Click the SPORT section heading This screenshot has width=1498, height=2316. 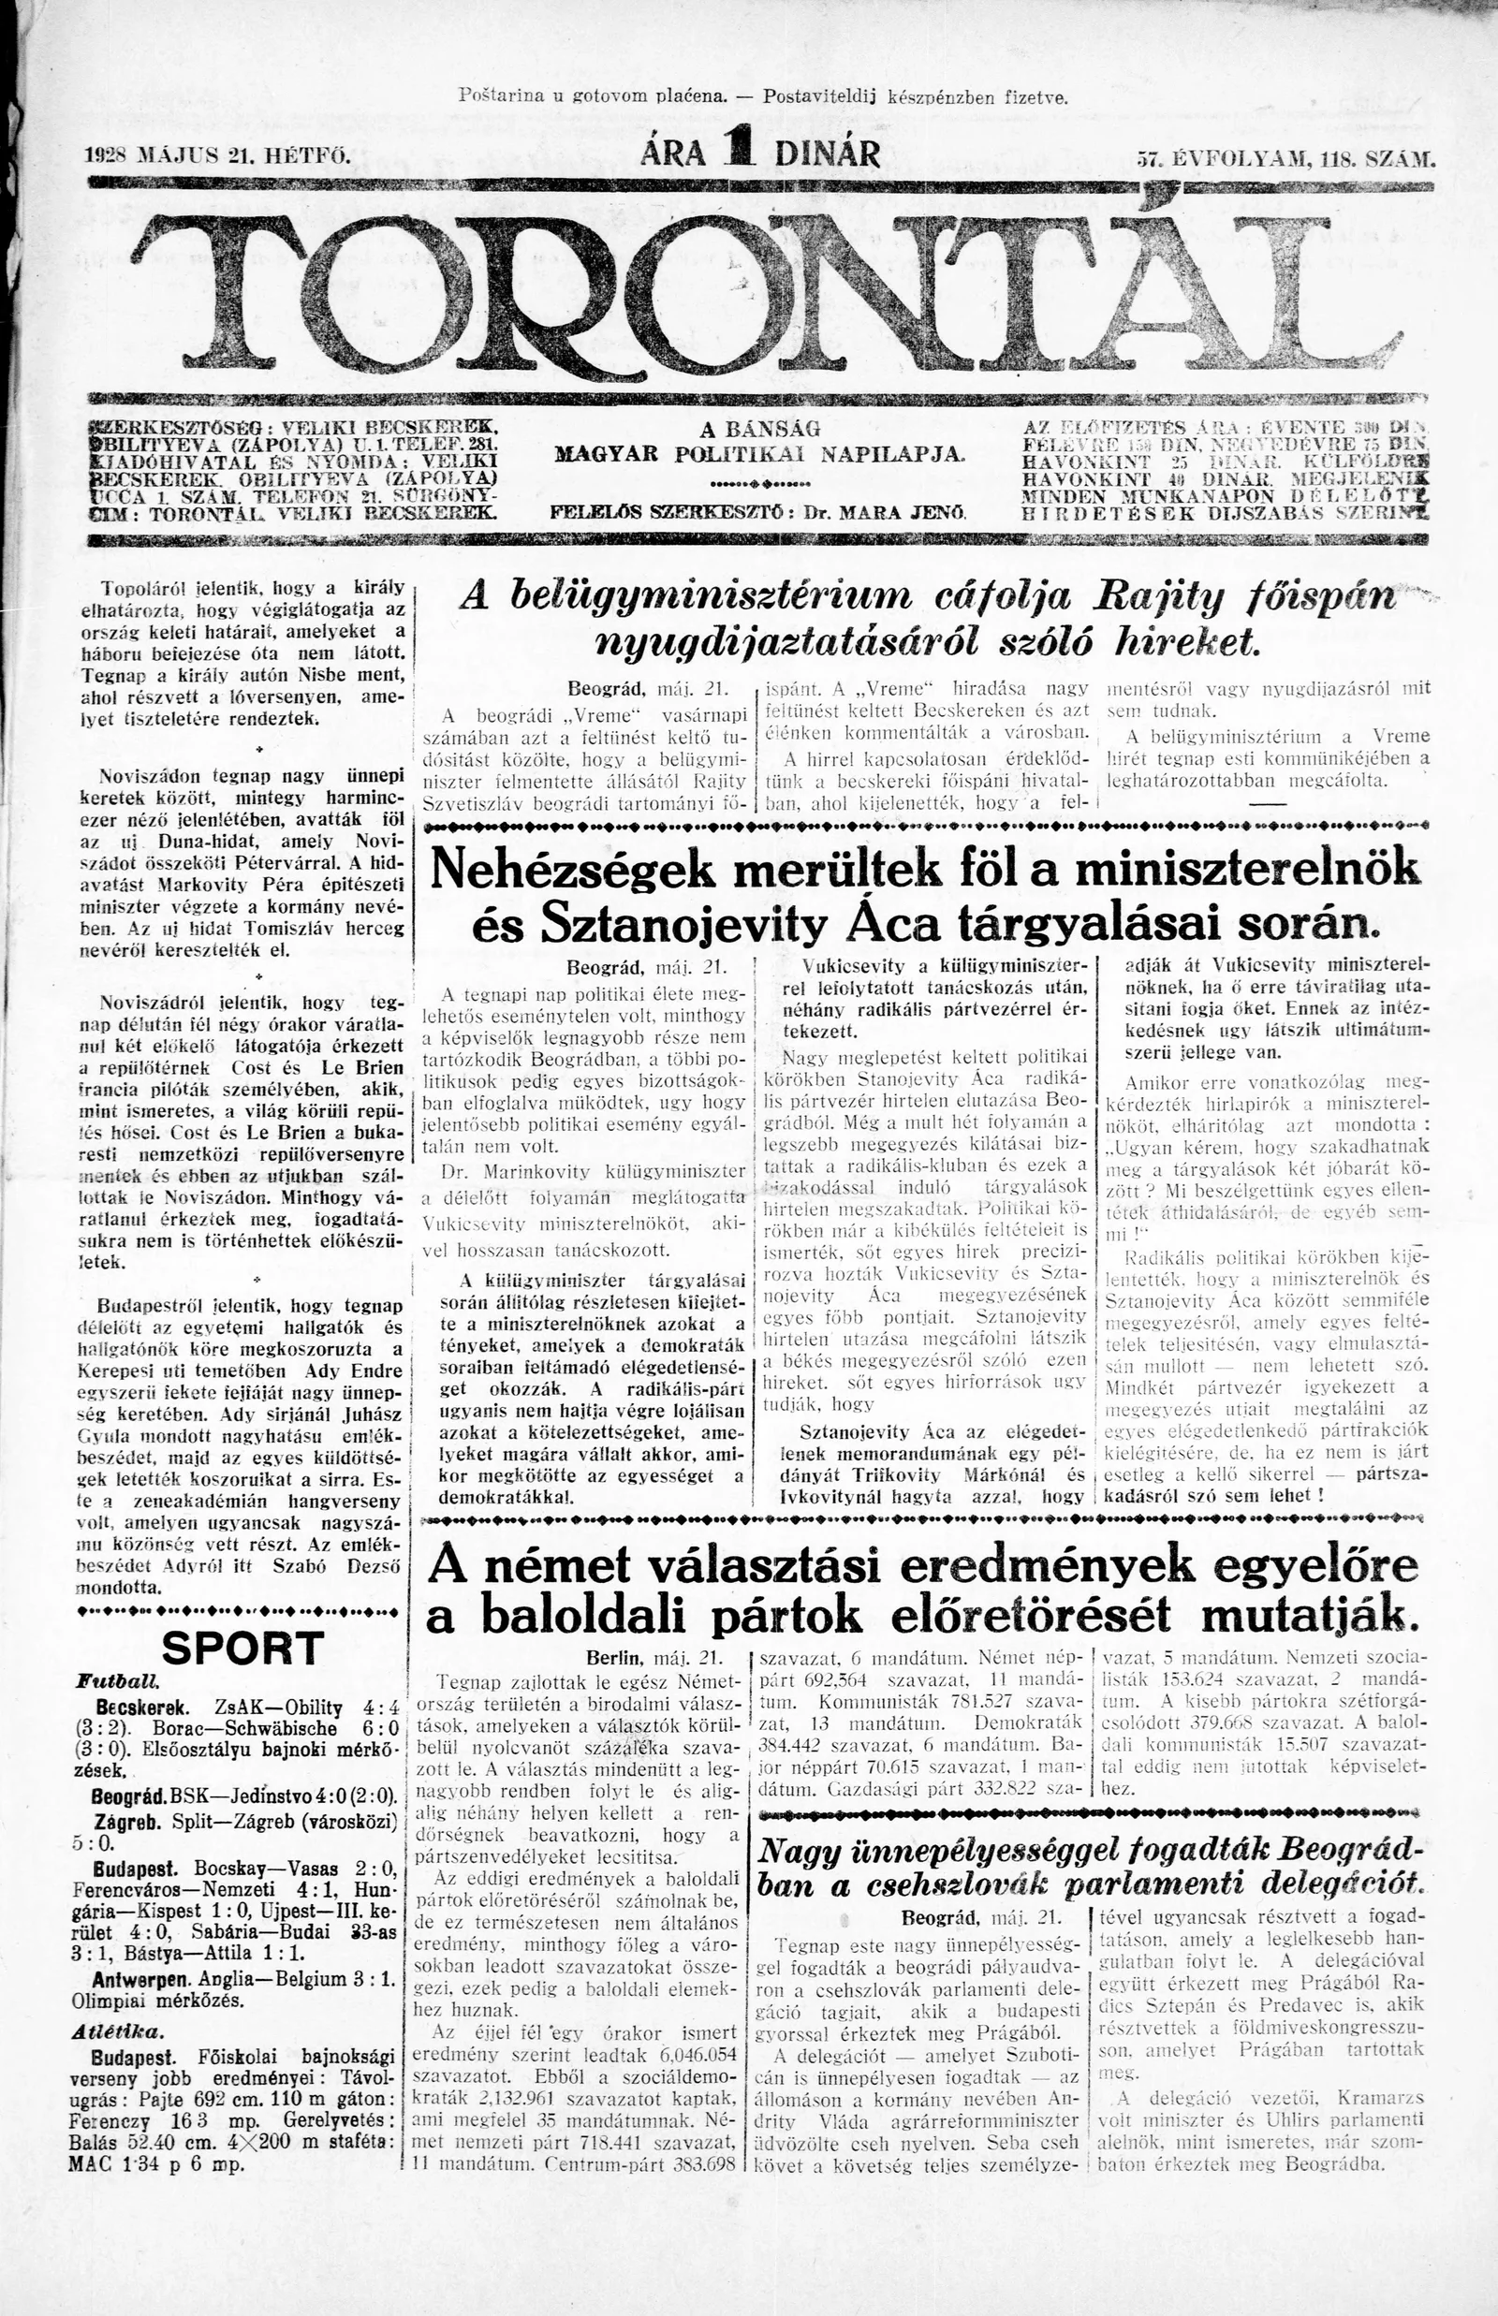[242, 1648]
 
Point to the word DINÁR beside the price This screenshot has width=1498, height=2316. [828, 154]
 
